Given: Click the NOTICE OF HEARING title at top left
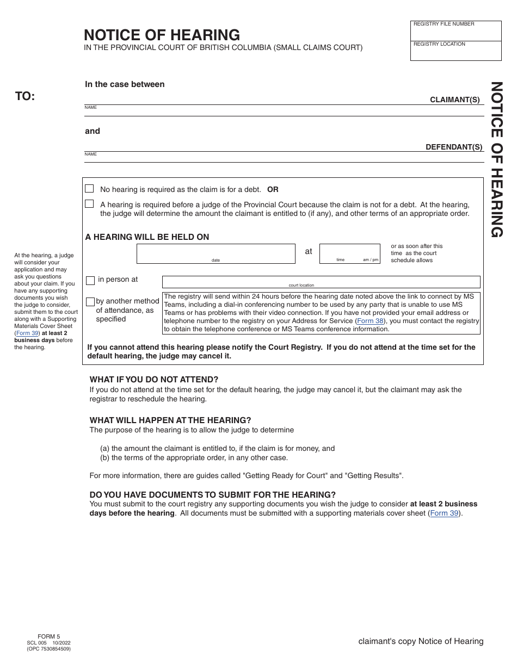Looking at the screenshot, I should pyautogui.click(x=162, y=35).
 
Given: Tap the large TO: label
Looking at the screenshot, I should pyautogui.click(x=25, y=96).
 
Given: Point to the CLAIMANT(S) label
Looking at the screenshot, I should pyautogui.click(x=455, y=100).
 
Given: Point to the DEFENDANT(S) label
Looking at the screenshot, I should pyautogui.click(x=454, y=147).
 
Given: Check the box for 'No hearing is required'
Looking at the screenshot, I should pyautogui.click(x=89, y=189).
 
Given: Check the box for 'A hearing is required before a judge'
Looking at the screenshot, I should pyautogui.click(x=89, y=204).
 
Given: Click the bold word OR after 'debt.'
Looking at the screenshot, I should pyautogui.click(x=273, y=190).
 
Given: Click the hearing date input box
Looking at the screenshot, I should pyautogui.click(x=216, y=253).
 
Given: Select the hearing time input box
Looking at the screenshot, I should pyautogui.click(x=349, y=253).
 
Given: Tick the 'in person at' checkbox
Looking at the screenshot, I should pyautogui.click(x=90, y=281).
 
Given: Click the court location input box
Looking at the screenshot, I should pyautogui.click(x=321, y=281).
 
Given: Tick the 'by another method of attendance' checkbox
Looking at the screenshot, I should pyautogui.click(x=90, y=302).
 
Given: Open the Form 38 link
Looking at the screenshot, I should pyautogui.click(x=370, y=321).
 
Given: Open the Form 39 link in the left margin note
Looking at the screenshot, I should pyautogui.click(x=27, y=333).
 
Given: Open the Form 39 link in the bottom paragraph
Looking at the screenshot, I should pyautogui.click(x=445, y=513).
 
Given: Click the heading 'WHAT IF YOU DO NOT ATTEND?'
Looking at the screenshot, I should pyautogui.click(x=154, y=380).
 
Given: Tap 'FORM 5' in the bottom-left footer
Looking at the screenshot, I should pyautogui.click(x=48, y=636).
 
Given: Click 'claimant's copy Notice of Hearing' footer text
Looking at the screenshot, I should pyautogui.click(x=421, y=641).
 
